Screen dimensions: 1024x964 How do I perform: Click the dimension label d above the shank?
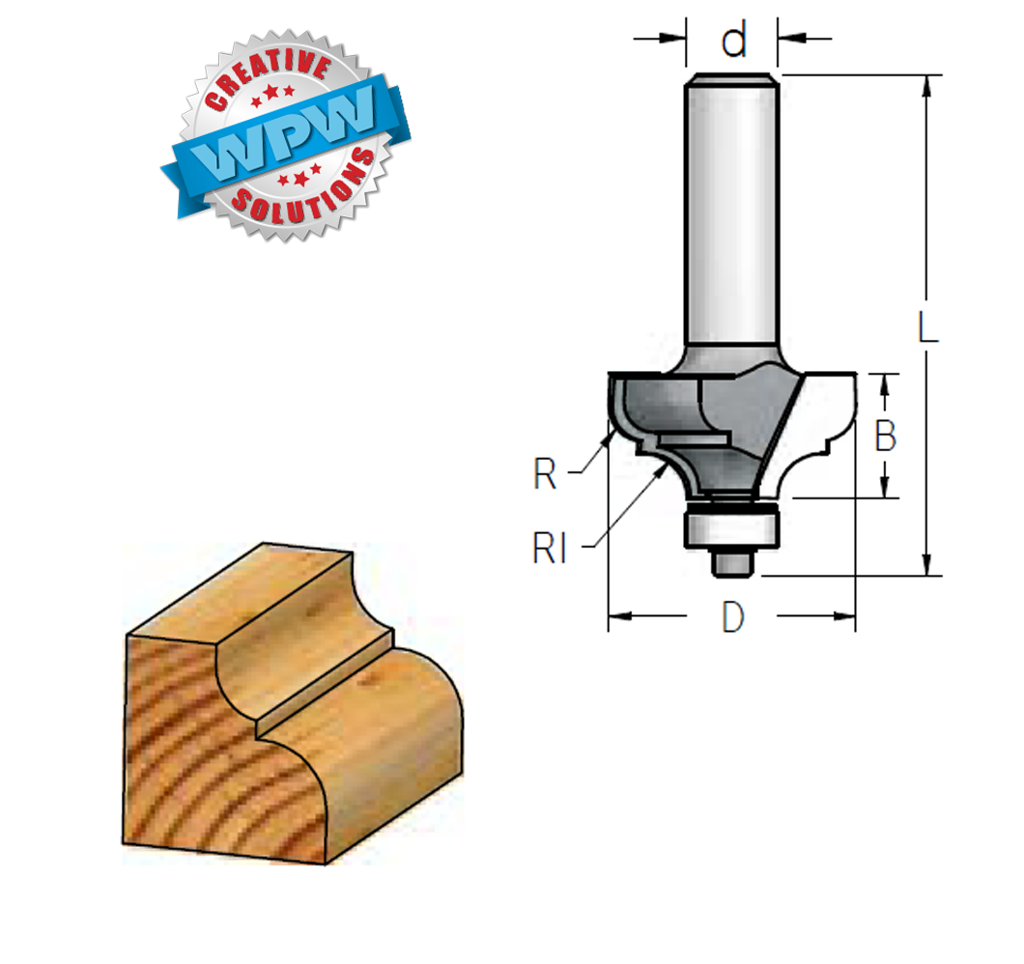(734, 40)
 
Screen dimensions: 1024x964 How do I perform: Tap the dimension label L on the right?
(927, 326)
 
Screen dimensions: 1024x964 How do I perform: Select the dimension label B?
(886, 436)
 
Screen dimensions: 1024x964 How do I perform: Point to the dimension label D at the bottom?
(732, 616)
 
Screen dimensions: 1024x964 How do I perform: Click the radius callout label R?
(545, 473)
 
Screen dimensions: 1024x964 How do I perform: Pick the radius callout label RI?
(549, 548)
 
